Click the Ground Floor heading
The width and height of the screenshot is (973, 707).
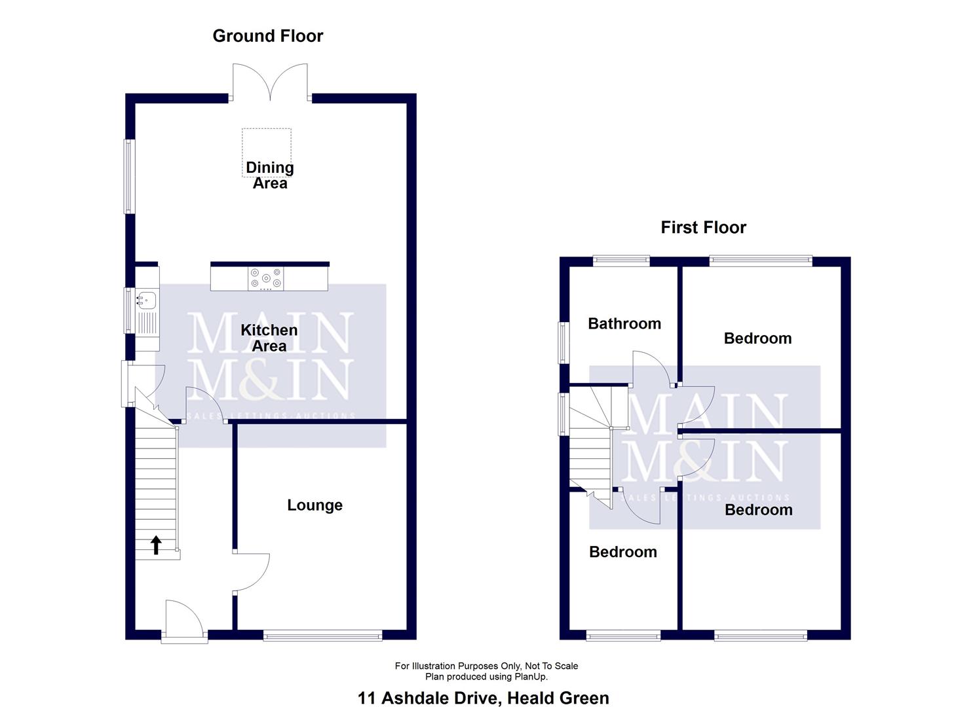(x=267, y=36)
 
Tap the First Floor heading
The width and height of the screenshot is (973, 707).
(x=703, y=227)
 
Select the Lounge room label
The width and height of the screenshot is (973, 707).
(x=315, y=505)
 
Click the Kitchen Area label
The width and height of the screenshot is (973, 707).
(x=269, y=338)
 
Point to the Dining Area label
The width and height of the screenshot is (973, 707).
(x=269, y=175)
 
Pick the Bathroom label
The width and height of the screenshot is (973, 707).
(x=624, y=323)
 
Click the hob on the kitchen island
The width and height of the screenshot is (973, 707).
(x=266, y=278)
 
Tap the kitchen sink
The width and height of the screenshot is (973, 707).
(x=147, y=300)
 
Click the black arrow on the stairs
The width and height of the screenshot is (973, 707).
(x=156, y=545)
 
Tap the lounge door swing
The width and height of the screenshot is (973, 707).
(x=252, y=573)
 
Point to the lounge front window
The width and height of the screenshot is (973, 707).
(x=322, y=634)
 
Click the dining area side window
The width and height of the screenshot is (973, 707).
(x=129, y=176)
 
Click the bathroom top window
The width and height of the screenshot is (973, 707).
(x=621, y=261)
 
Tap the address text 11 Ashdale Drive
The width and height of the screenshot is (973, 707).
(x=429, y=698)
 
